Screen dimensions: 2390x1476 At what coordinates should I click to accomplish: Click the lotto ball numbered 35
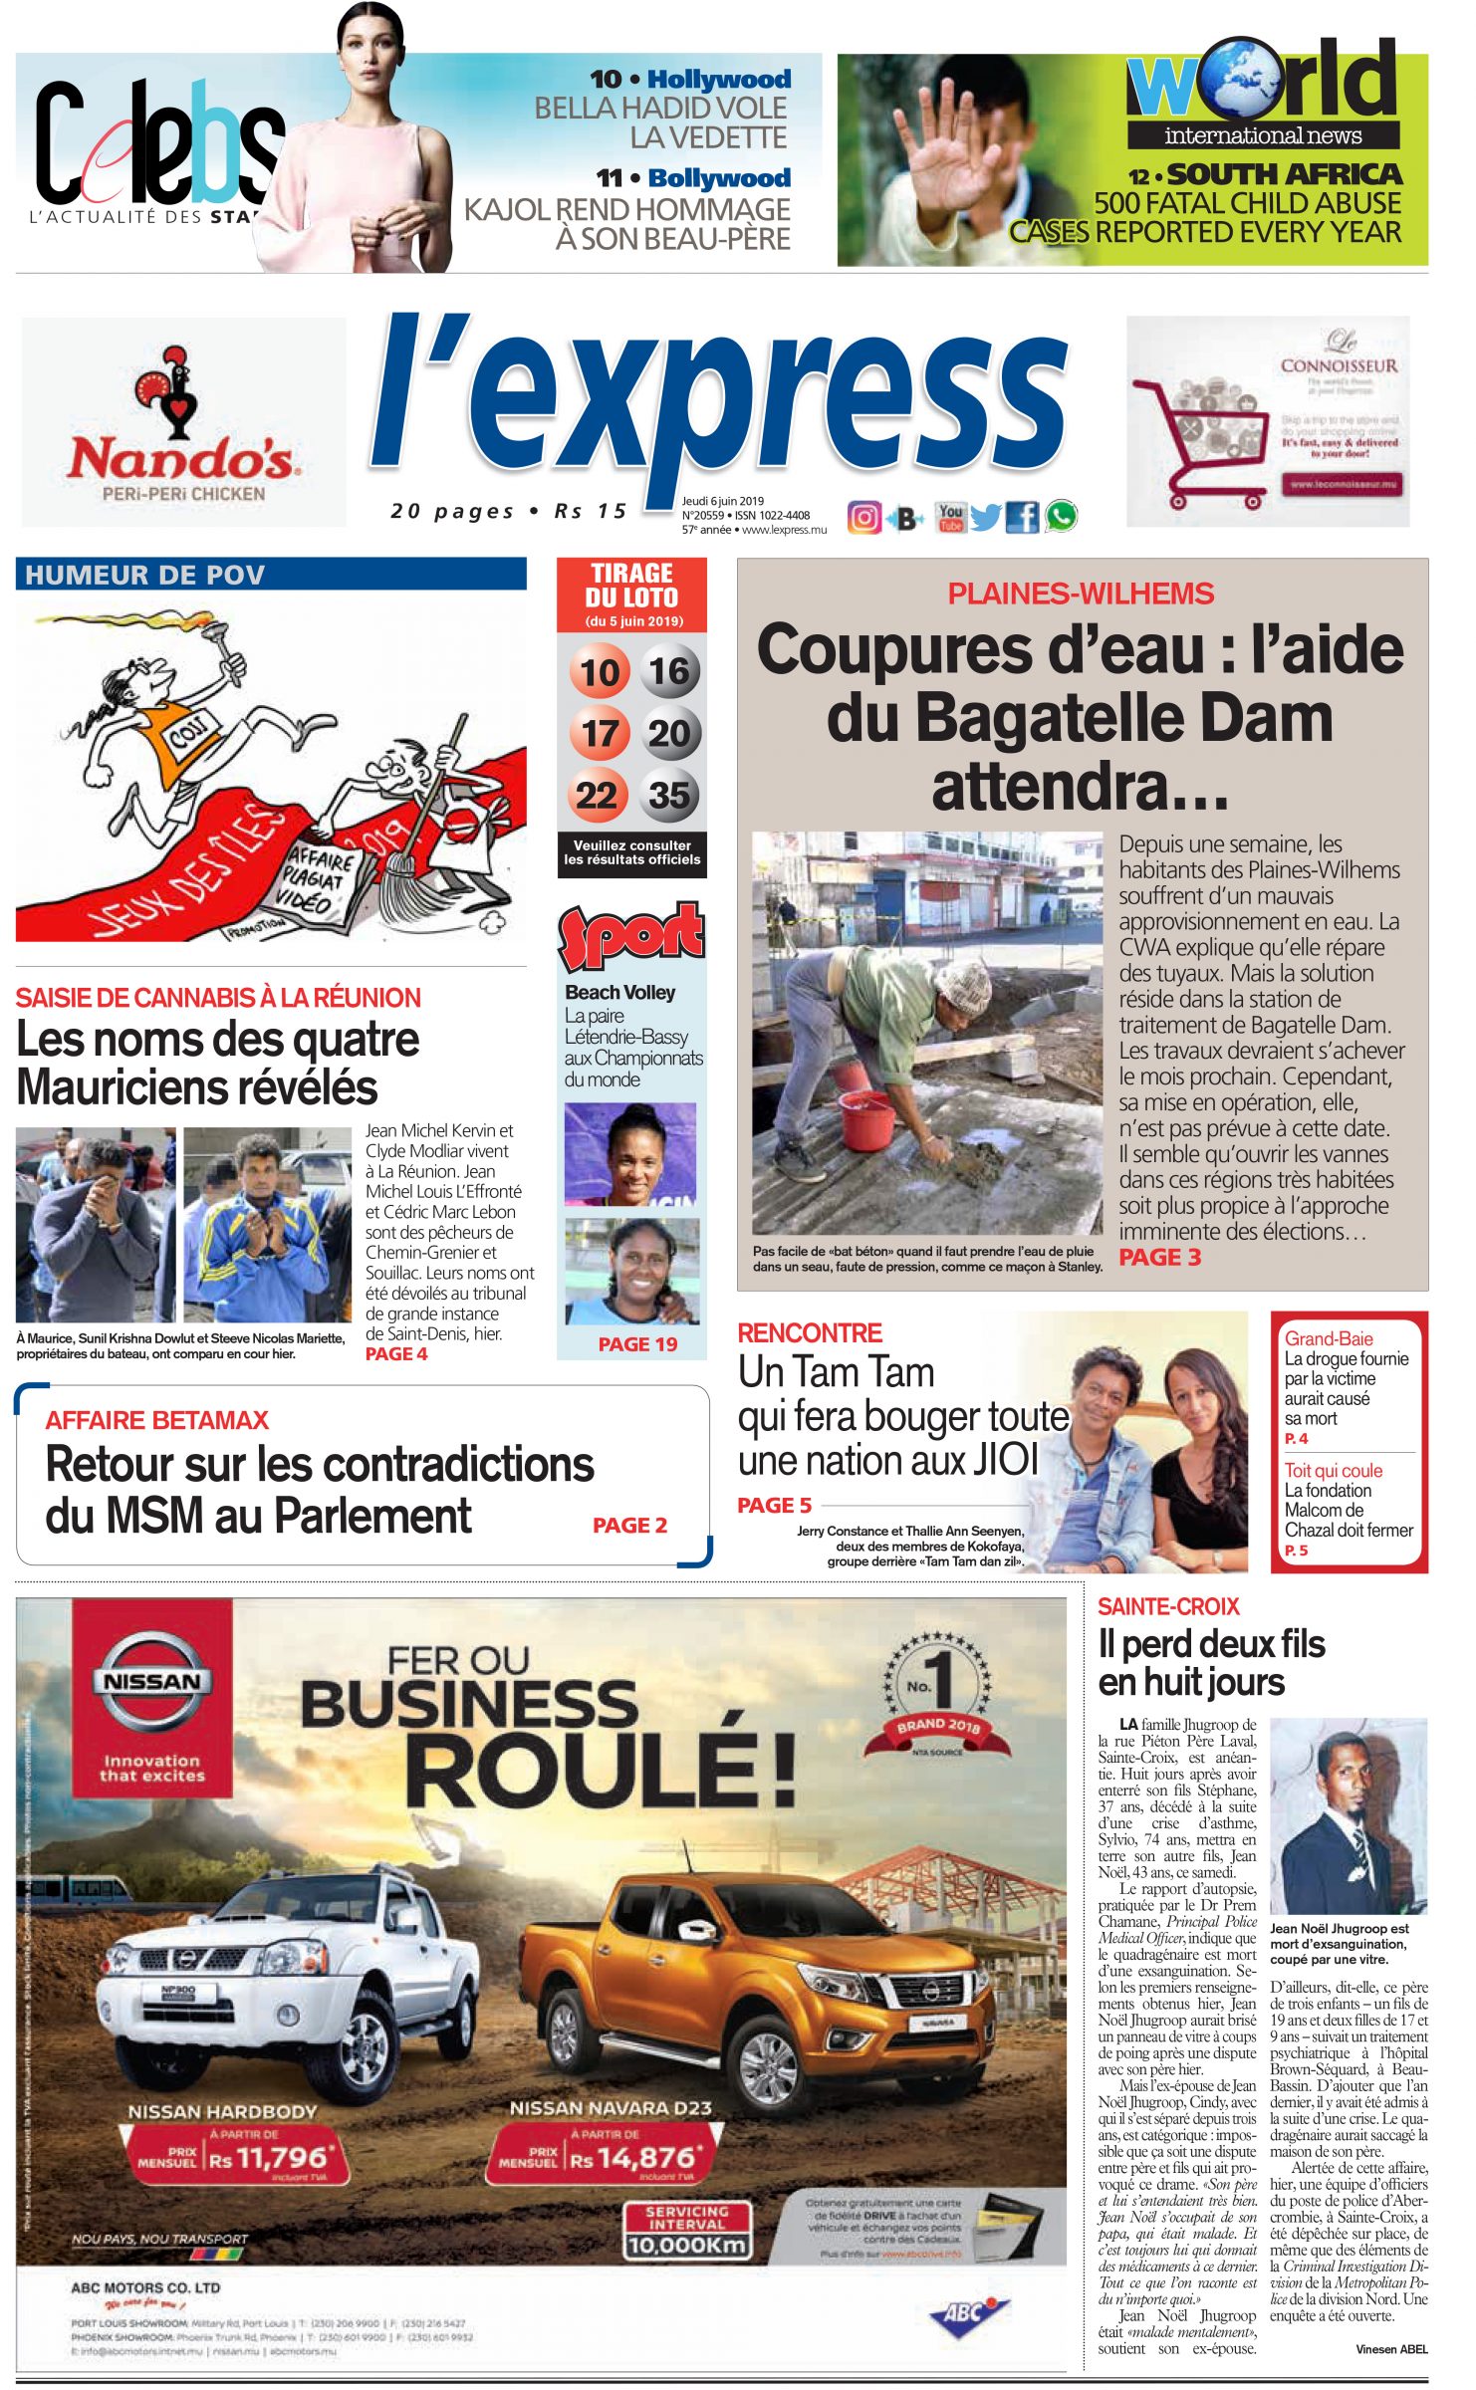pyautogui.click(x=669, y=795)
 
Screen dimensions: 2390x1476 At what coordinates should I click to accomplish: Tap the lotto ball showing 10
pyautogui.click(x=600, y=672)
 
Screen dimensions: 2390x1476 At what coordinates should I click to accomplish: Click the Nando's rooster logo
pyautogui.click(x=179, y=391)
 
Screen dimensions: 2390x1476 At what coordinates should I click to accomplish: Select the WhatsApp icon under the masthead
pyautogui.click(x=1061, y=517)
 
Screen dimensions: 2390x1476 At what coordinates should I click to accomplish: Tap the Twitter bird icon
pyautogui.click(x=985, y=518)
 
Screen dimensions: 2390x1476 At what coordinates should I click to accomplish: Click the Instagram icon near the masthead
pyautogui.click(x=864, y=518)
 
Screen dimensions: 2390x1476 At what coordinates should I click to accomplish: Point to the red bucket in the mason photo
pyautogui.click(x=866, y=1117)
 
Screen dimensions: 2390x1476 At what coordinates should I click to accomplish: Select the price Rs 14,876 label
pyautogui.click(x=632, y=2158)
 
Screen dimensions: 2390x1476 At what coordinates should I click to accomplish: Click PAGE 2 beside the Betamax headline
pyautogui.click(x=629, y=1526)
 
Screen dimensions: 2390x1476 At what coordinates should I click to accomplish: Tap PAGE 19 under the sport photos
pyautogui.click(x=637, y=1344)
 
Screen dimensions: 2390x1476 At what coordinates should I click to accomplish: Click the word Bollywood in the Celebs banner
pyautogui.click(x=719, y=178)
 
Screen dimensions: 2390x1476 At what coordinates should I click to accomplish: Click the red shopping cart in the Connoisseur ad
pyautogui.click(x=1200, y=439)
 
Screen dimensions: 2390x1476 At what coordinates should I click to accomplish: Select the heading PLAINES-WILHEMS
pyautogui.click(x=1081, y=594)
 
